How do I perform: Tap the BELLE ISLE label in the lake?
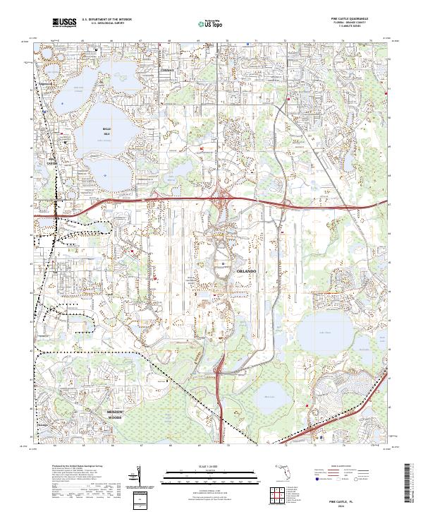coord(107,131)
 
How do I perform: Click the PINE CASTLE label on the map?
coord(51,160)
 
